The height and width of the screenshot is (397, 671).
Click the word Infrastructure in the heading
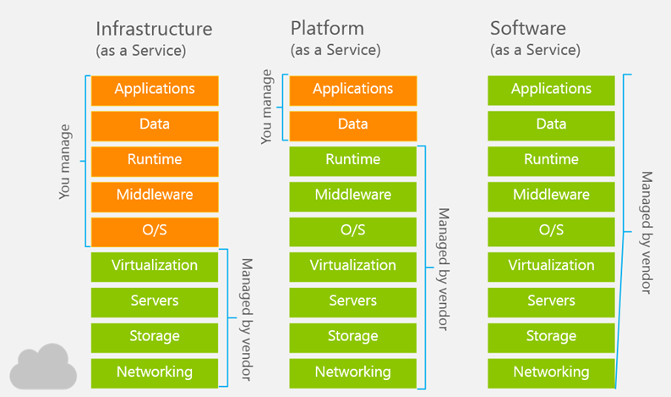pos(154,29)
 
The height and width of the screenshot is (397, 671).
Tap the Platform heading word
pos(327,29)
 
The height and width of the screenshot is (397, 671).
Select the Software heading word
pos(528,28)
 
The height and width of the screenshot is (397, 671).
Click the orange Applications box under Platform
pos(353,91)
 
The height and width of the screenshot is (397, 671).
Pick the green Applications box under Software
pos(551,91)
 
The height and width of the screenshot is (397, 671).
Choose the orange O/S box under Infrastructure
pos(155,232)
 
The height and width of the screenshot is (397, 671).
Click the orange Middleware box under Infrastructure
pos(155,196)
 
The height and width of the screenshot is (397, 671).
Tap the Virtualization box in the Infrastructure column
pos(155,267)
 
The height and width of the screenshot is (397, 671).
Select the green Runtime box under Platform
pos(353,161)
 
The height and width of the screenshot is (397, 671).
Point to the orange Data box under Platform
pos(353,126)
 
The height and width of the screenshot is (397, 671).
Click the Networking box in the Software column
pos(551,373)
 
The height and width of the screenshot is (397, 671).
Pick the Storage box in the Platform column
pos(353,338)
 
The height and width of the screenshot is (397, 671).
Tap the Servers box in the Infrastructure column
pos(155,303)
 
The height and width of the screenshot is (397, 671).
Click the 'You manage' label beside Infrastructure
pos(64,162)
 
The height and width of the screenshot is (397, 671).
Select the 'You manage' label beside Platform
pos(266,107)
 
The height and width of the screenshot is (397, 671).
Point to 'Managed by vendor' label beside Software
pos(646,233)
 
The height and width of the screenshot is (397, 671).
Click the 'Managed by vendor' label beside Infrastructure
pos(247,319)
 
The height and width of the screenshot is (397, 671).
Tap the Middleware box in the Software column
pos(551,196)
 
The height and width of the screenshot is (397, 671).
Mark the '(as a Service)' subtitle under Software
pos(535,50)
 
